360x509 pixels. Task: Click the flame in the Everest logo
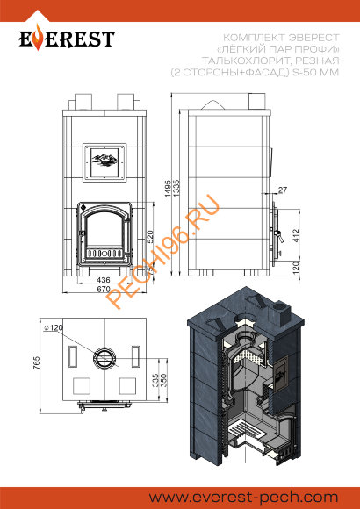click(x=39, y=38)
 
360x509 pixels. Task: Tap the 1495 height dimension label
click(x=168, y=189)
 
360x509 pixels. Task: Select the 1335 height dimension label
click(x=176, y=189)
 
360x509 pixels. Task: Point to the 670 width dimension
click(x=104, y=289)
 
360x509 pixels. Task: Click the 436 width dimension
click(x=104, y=280)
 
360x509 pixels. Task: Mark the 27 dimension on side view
click(x=283, y=190)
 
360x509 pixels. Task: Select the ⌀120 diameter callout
click(x=53, y=327)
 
